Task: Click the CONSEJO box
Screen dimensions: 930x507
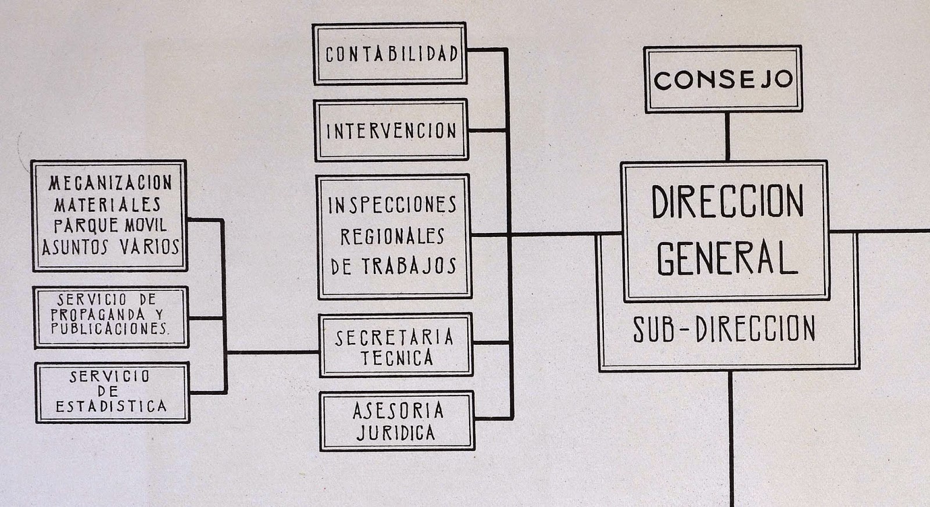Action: [723, 79]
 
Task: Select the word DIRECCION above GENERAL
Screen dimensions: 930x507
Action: [727, 202]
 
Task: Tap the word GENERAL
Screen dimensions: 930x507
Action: [727, 258]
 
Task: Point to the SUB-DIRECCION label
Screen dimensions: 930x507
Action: [724, 329]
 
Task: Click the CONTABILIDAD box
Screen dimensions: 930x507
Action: [390, 54]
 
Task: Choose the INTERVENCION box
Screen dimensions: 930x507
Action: [391, 131]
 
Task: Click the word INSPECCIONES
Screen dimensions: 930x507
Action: [392, 205]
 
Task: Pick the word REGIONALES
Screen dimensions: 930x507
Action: [392, 236]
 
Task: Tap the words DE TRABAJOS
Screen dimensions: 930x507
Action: [394, 266]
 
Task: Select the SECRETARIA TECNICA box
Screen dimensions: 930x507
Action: [395, 346]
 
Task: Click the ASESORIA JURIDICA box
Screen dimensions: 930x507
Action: [397, 421]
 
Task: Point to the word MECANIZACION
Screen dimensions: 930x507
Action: [110, 183]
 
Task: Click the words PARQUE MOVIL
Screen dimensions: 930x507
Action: [110, 225]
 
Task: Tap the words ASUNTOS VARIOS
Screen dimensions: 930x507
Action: [110, 247]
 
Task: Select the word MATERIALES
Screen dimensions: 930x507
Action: [108, 204]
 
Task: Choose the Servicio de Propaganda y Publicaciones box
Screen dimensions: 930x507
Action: [110, 317]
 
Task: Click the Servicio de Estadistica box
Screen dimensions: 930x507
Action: [112, 392]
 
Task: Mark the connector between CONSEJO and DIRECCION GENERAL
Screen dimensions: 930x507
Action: [727, 136]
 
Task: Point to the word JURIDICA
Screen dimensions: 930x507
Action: [396, 433]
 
